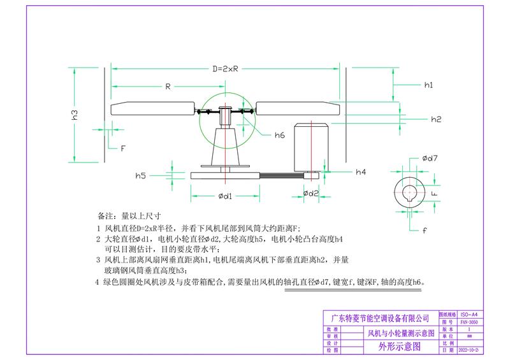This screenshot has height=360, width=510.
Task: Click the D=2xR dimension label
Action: coord(226,69)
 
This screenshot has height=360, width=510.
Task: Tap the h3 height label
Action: coord(75,115)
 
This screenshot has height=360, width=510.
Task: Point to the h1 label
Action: coord(428,85)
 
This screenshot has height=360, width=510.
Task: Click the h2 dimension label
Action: coord(436,119)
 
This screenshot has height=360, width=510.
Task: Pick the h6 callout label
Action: coord(280,135)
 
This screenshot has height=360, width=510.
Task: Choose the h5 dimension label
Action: coord(141,175)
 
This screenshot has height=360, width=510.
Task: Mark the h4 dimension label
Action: coord(361,172)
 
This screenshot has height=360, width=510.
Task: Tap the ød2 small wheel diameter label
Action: coord(310,193)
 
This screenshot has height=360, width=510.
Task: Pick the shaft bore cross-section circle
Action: coord(410,191)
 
